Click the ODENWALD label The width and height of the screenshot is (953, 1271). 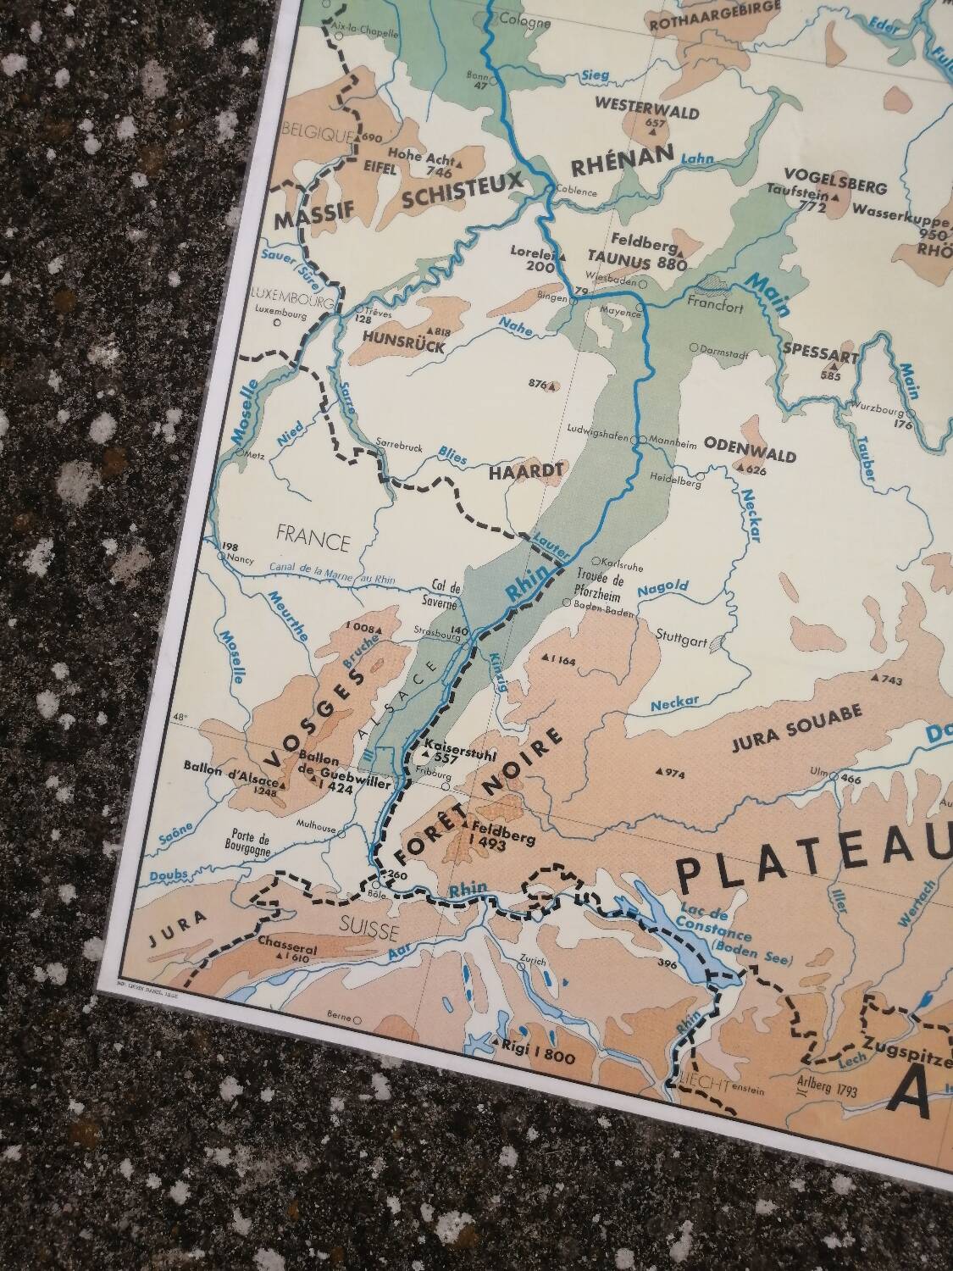(x=750, y=456)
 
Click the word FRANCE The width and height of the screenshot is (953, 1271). (x=313, y=541)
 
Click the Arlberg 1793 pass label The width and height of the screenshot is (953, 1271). (x=825, y=1085)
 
